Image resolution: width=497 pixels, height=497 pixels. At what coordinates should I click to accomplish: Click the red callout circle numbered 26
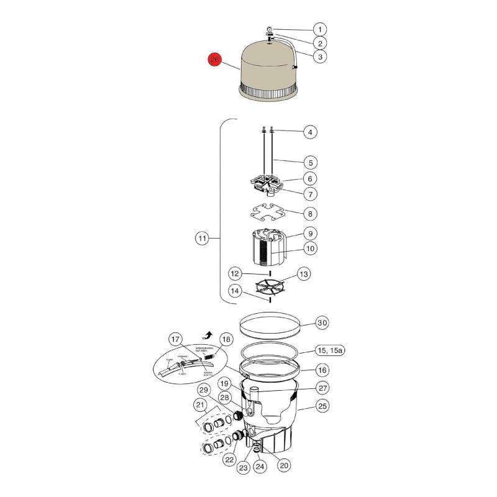pyautogui.click(x=215, y=60)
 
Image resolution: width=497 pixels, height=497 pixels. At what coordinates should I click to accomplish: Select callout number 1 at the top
pyautogui.click(x=319, y=29)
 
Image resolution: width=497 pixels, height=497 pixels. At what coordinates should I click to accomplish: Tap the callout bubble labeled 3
pyautogui.click(x=319, y=57)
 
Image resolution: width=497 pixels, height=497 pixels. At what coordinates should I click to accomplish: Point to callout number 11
pyautogui.click(x=202, y=238)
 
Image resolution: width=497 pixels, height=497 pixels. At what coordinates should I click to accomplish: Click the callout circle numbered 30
pyautogui.click(x=322, y=323)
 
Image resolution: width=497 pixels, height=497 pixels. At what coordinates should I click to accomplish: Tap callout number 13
pyautogui.click(x=304, y=273)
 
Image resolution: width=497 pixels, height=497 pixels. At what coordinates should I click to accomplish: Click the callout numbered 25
pyautogui.click(x=322, y=406)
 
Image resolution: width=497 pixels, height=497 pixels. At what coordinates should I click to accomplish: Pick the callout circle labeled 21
pyautogui.click(x=201, y=405)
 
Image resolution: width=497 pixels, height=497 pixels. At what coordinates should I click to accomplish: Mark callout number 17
pyautogui.click(x=177, y=339)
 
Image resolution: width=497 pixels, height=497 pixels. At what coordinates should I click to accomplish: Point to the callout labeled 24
pyautogui.click(x=259, y=483)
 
